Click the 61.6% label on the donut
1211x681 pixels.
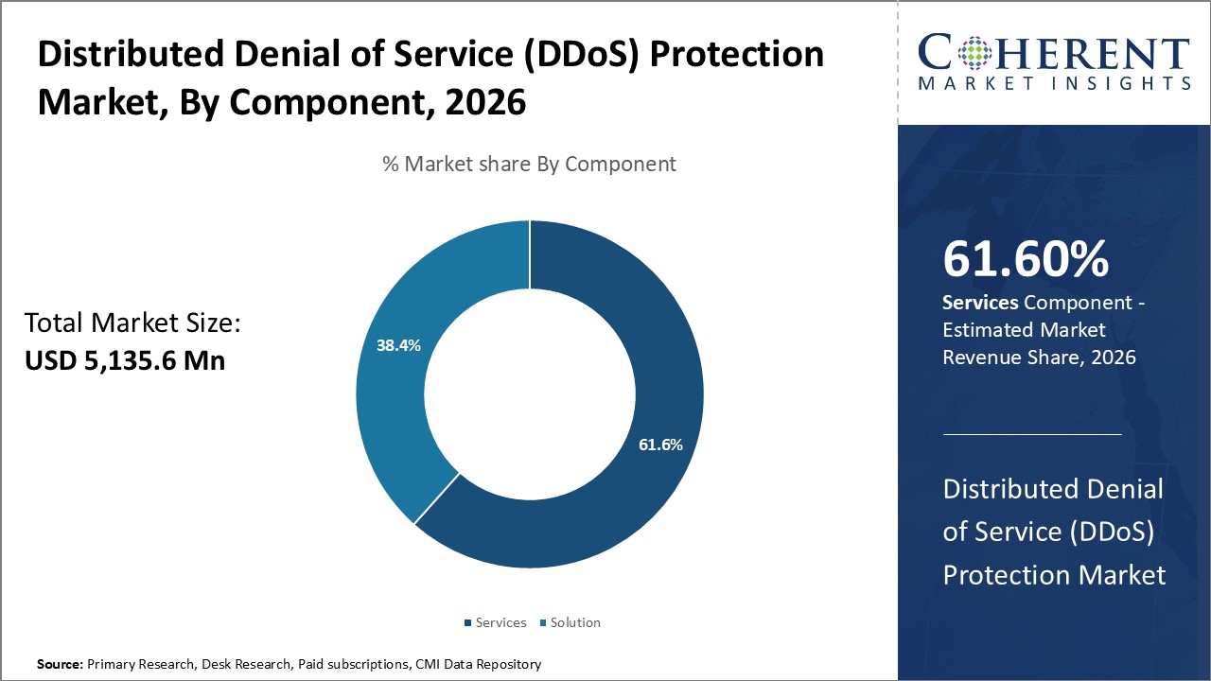(x=659, y=445)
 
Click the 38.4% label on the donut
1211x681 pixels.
(x=398, y=345)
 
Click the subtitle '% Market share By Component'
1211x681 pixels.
(x=529, y=164)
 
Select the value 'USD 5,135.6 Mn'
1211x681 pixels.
(x=125, y=360)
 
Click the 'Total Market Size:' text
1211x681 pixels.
(x=133, y=323)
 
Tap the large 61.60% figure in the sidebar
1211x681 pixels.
(x=1026, y=260)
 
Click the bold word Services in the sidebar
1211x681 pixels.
(x=980, y=303)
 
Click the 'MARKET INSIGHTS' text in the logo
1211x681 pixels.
(x=1053, y=83)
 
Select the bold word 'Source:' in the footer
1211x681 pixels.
(x=60, y=665)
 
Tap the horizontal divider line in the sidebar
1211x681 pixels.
(x=1032, y=434)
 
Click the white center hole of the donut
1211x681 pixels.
(x=529, y=394)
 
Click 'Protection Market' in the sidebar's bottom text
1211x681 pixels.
(x=1054, y=574)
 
